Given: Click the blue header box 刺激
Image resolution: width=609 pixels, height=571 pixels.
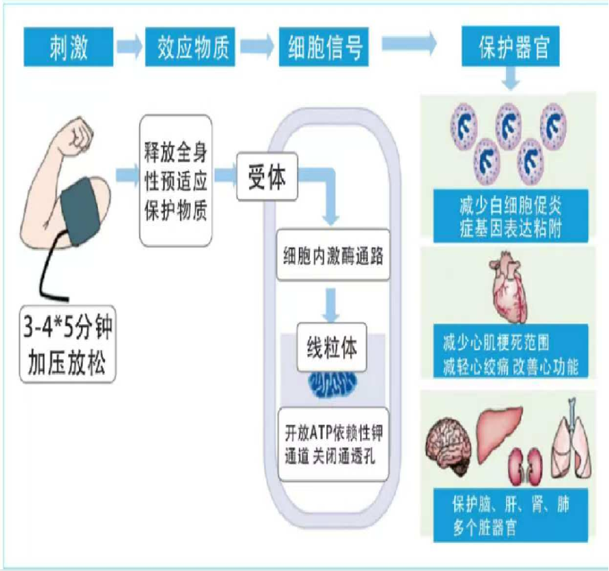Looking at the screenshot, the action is pyautogui.click(x=68, y=47).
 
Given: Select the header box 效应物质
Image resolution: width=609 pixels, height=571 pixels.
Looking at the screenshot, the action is pyautogui.click(x=190, y=47).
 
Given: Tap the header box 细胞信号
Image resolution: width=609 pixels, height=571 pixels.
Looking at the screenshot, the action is pyautogui.click(x=323, y=47).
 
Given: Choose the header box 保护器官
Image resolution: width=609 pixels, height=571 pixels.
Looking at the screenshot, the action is pyautogui.click(x=510, y=46).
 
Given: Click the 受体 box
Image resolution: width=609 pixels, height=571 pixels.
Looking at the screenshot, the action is pyautogui.click(x=267, y=177).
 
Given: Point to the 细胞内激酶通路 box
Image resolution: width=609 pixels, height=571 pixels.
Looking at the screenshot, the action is pyautogui.click(x=333, y=255).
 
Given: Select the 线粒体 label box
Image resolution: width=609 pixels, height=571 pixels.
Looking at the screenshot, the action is pyautogui.click(x=332, y=347).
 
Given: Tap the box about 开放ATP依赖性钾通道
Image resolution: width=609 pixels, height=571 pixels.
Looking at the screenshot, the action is pyautogui.click(x=333, y=445).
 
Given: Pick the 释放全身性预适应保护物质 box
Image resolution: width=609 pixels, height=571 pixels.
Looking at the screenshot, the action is pyautogui.click(x=176, y=181).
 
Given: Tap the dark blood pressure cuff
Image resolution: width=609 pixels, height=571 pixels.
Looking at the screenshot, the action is pyautogui.click(x=80, y=212).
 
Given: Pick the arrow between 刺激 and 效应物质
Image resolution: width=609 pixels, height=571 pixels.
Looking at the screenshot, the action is pyautogui.click(x=130, y=46).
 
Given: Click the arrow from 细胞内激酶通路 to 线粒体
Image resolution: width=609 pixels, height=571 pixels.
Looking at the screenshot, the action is pyautogui.click(x=330, y=305).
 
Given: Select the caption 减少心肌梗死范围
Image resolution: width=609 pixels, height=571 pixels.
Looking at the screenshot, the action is pyautogui.click(x=496, y=343).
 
